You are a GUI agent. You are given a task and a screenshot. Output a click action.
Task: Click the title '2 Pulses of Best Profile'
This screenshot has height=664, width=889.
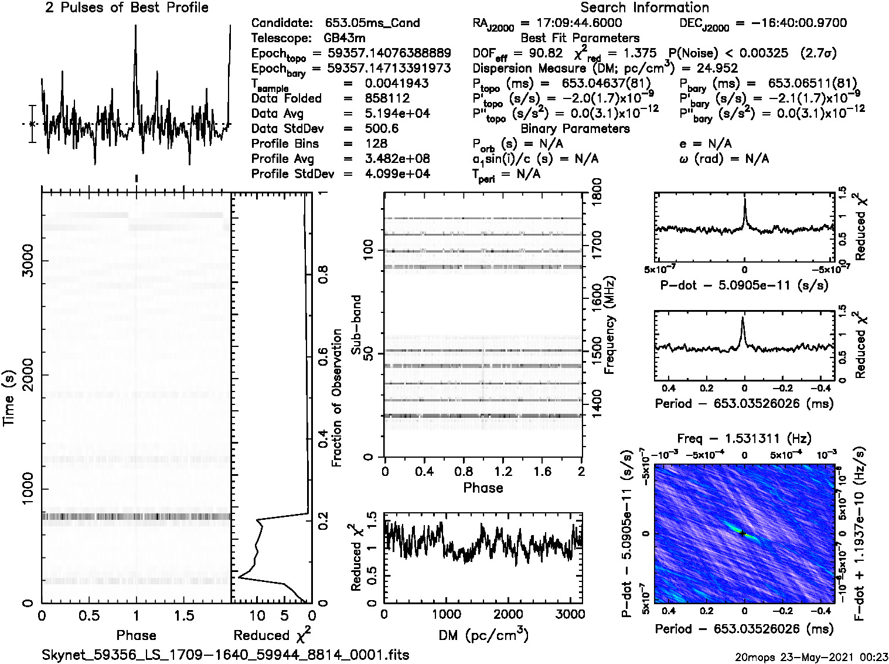pos(127,8)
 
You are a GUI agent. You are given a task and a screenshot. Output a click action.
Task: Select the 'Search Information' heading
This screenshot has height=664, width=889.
pos(644,8)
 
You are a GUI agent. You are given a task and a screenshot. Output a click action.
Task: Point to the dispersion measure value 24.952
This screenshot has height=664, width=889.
pos(717,68)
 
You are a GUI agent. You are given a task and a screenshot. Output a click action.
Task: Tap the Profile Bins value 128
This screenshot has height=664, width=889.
pos(376,144)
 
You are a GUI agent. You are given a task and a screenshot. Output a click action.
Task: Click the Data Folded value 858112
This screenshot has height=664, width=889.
pos(387,98)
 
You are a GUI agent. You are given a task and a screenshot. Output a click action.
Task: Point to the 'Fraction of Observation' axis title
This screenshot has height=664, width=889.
pos(336,397)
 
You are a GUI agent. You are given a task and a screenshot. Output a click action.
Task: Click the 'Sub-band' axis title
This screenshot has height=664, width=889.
pos(356,324)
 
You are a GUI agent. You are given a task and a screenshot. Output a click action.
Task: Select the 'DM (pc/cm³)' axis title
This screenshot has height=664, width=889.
pos(483,635)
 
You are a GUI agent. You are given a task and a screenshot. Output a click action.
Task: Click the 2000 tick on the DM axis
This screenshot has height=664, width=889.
pos(508,614)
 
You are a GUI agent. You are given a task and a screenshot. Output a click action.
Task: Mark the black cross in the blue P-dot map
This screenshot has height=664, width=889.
pos(742,533)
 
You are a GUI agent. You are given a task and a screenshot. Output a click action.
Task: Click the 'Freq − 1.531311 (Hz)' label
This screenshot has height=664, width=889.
pos(744,438)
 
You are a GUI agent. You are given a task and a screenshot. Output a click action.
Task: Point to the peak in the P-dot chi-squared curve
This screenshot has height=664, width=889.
pos(744,200)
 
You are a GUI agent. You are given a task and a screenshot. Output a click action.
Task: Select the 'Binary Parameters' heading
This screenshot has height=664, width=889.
pos(575,128)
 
